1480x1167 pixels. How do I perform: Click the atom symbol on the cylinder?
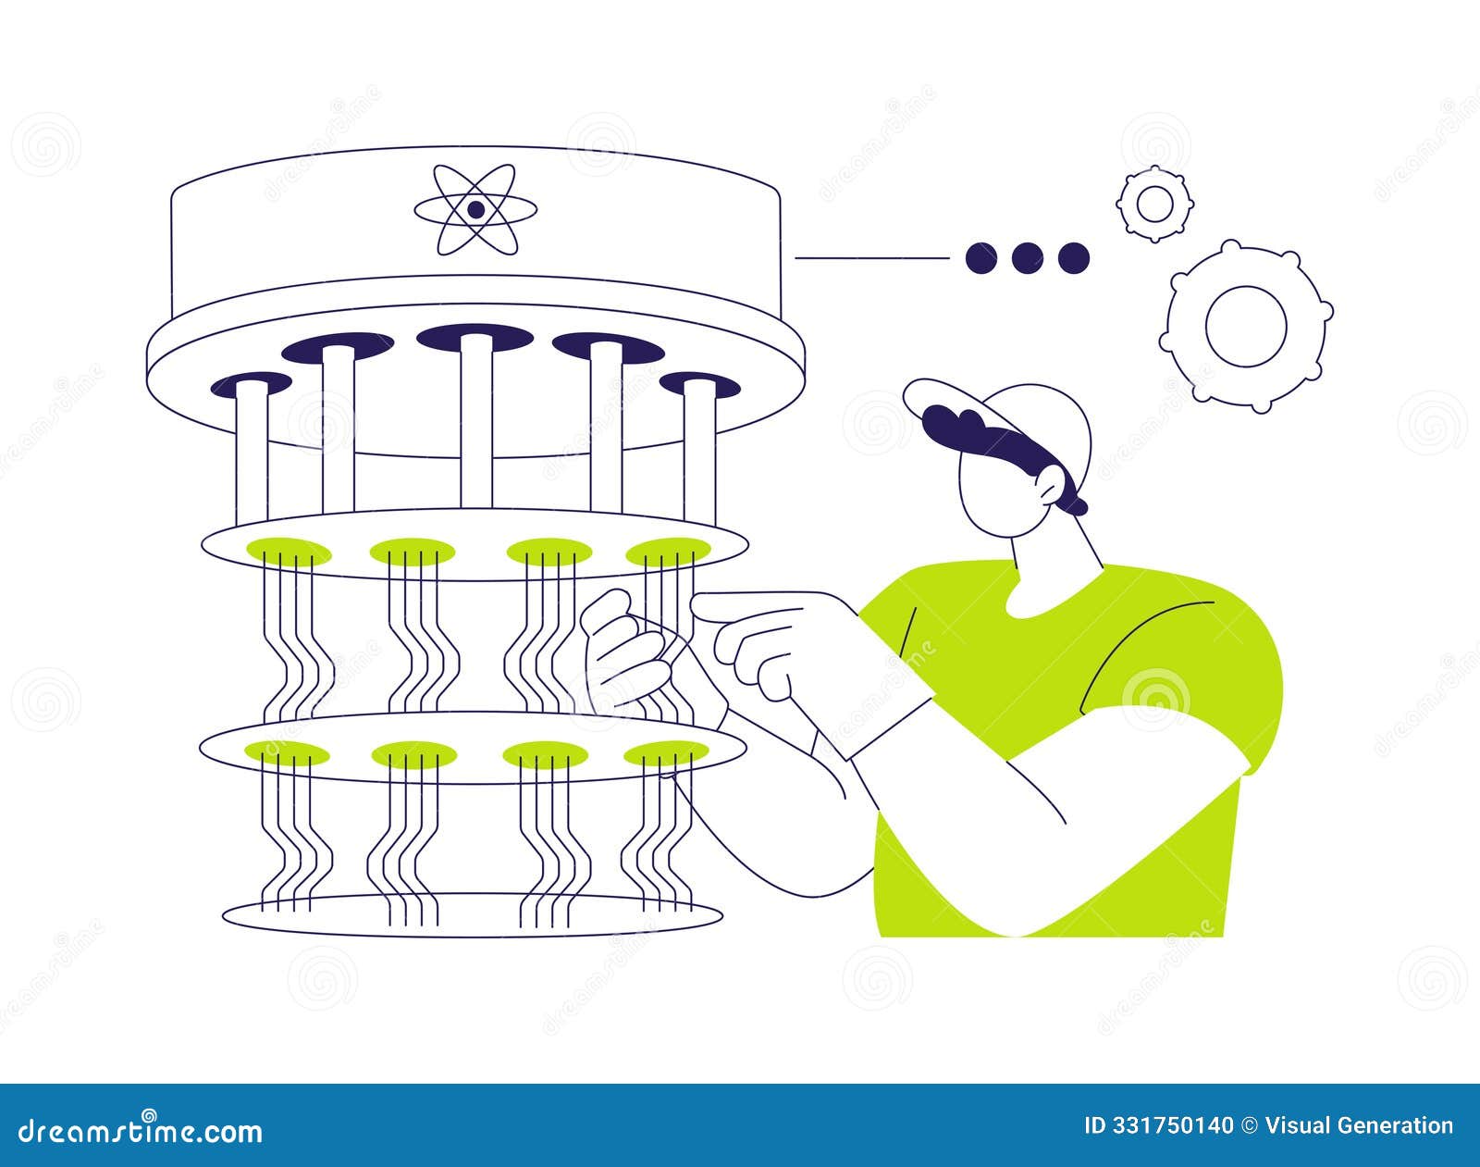475,210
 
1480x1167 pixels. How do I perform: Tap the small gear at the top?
1154,204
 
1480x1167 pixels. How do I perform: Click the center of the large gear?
1246,326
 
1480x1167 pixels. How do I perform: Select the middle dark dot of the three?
1027,258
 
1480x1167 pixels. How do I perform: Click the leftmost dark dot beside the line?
980,258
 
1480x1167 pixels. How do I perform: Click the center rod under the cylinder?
476,421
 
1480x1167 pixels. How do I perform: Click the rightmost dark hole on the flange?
700,383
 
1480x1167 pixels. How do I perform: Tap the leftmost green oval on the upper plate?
288,552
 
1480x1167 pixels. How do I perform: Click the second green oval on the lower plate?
413,755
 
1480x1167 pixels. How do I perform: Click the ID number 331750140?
1158,1126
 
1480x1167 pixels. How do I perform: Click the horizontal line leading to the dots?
871,258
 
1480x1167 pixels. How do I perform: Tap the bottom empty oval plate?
472,916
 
